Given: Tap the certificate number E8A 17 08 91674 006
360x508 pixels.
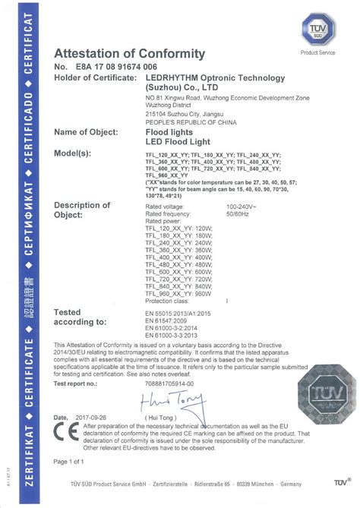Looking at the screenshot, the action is (113, 68).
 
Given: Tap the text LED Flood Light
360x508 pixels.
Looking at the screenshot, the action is (173, 142).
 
